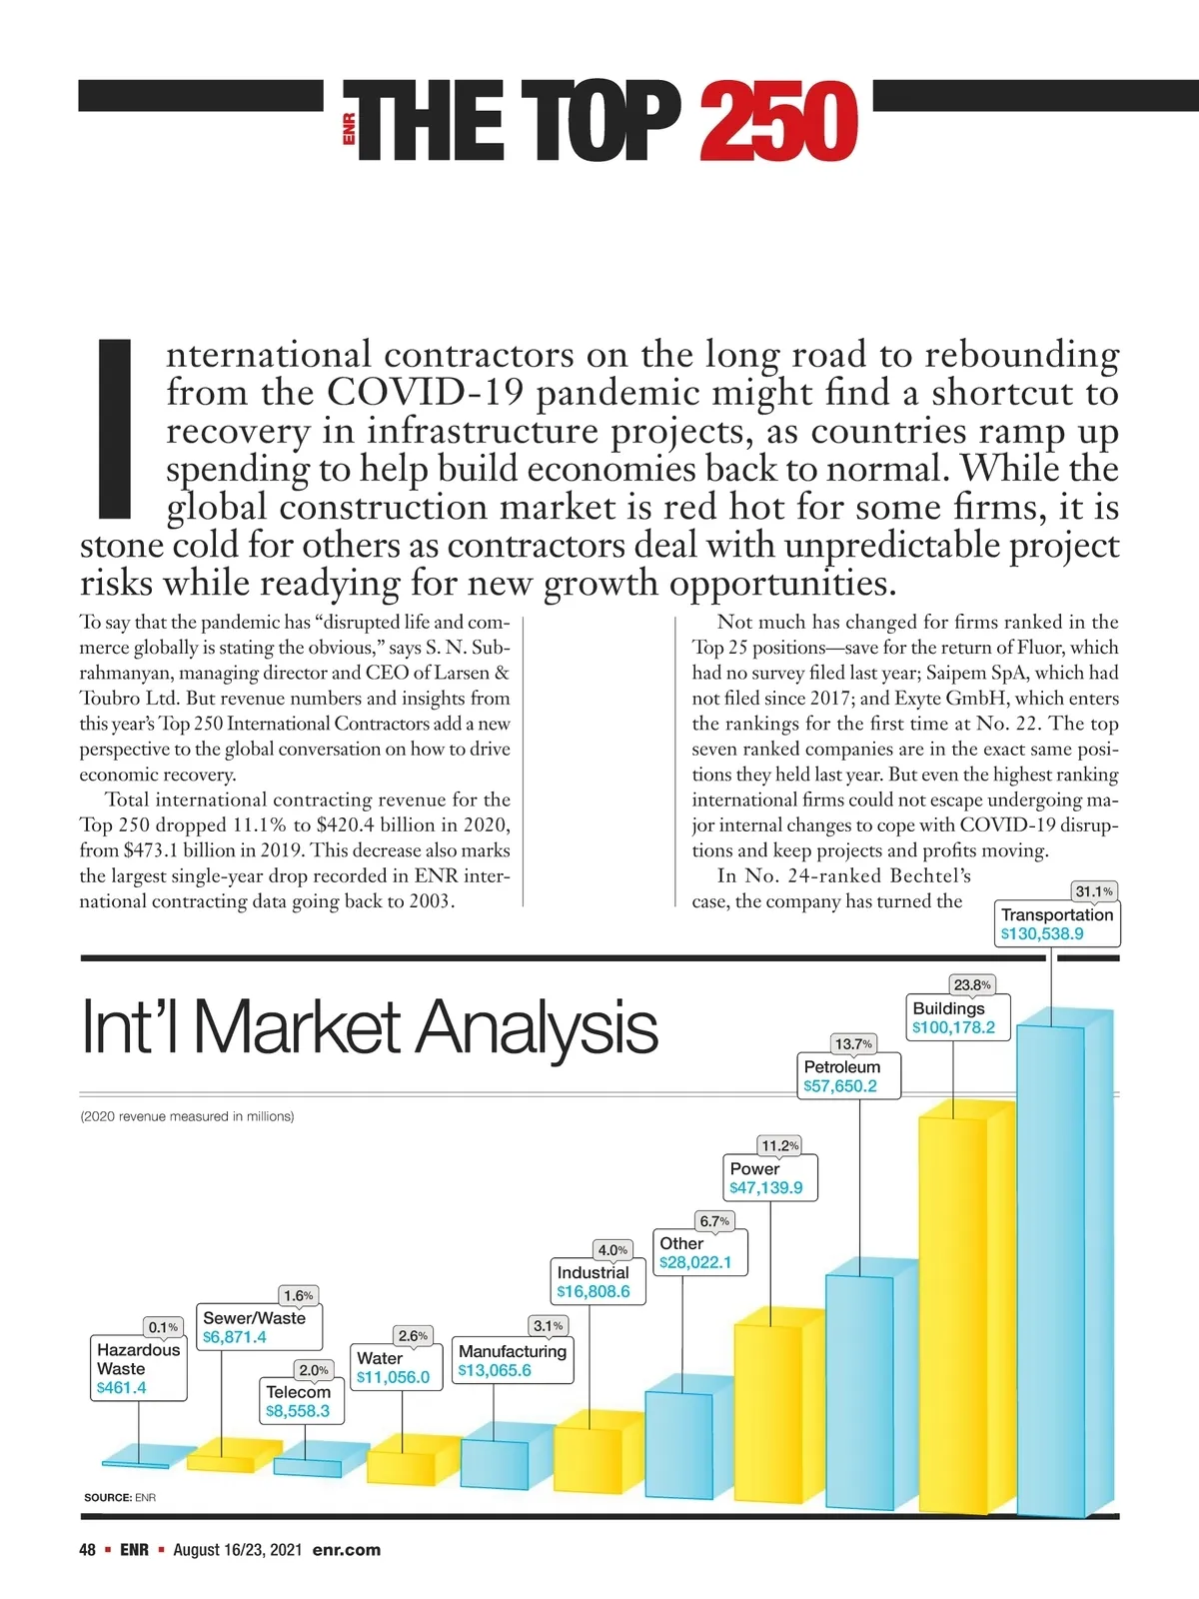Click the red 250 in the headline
click(777, 122)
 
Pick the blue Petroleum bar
click(860, 1389)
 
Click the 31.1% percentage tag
click(1093, 891)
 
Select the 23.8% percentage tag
click(971, 984)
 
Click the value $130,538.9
click(1042, 933)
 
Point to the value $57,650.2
click(840, 1086)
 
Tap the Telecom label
click(298, 1392)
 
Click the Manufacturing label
click(513, 1351)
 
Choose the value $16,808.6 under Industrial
click(594, 1291)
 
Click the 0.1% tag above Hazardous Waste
click(163, 1327)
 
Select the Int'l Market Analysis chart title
click(369, 1026)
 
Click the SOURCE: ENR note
click(120, 1497)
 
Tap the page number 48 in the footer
click(88, 1550)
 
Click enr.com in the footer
click(347, 1550)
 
